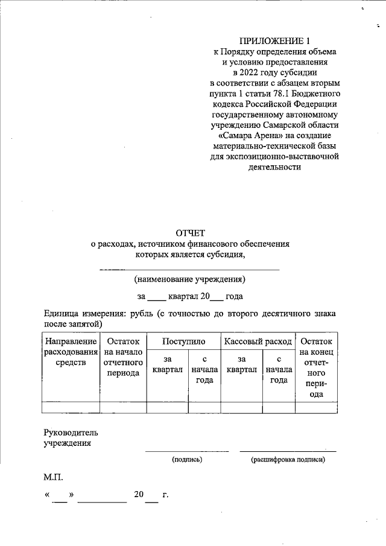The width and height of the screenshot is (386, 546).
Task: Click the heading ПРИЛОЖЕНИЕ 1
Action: point(274,41)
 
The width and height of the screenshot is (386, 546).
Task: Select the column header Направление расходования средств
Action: point(71,352)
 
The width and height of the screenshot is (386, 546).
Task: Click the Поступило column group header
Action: point(183,341)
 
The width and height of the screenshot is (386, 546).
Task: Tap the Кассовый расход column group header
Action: point(258,341)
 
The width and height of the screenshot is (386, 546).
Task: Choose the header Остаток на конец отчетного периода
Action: point(316,367)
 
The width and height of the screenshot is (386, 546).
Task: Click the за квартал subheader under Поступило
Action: point(167,364)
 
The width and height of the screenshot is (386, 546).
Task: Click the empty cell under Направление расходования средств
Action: point(71,407)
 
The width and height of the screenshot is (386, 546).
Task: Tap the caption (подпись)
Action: point(187,460)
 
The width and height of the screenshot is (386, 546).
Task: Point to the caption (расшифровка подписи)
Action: point(288,460)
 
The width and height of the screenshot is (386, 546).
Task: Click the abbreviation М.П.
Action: point(53,477)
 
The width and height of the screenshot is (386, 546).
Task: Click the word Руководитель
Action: point(71,433)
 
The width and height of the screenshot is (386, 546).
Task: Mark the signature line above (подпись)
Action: point(187,451)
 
